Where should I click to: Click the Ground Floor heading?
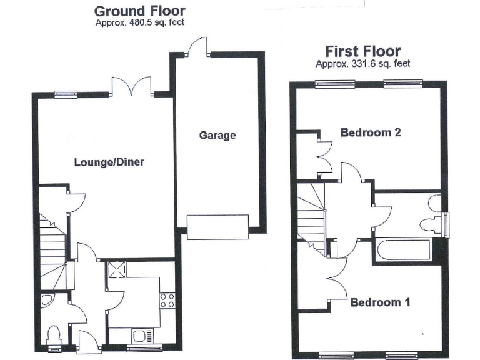[139, 11]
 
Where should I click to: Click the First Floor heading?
[362, 51]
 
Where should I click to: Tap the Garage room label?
[217, 135]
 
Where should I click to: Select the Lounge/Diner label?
[109, 162]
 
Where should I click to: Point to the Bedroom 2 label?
[370, 132]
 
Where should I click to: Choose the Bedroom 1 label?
[380, 303]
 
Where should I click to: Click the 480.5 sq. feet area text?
[139, 23]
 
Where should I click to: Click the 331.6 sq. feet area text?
[362, 63]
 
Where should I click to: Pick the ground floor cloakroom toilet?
[54, 336]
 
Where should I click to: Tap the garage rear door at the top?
[197, 47]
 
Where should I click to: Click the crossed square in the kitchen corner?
[116, 270]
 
